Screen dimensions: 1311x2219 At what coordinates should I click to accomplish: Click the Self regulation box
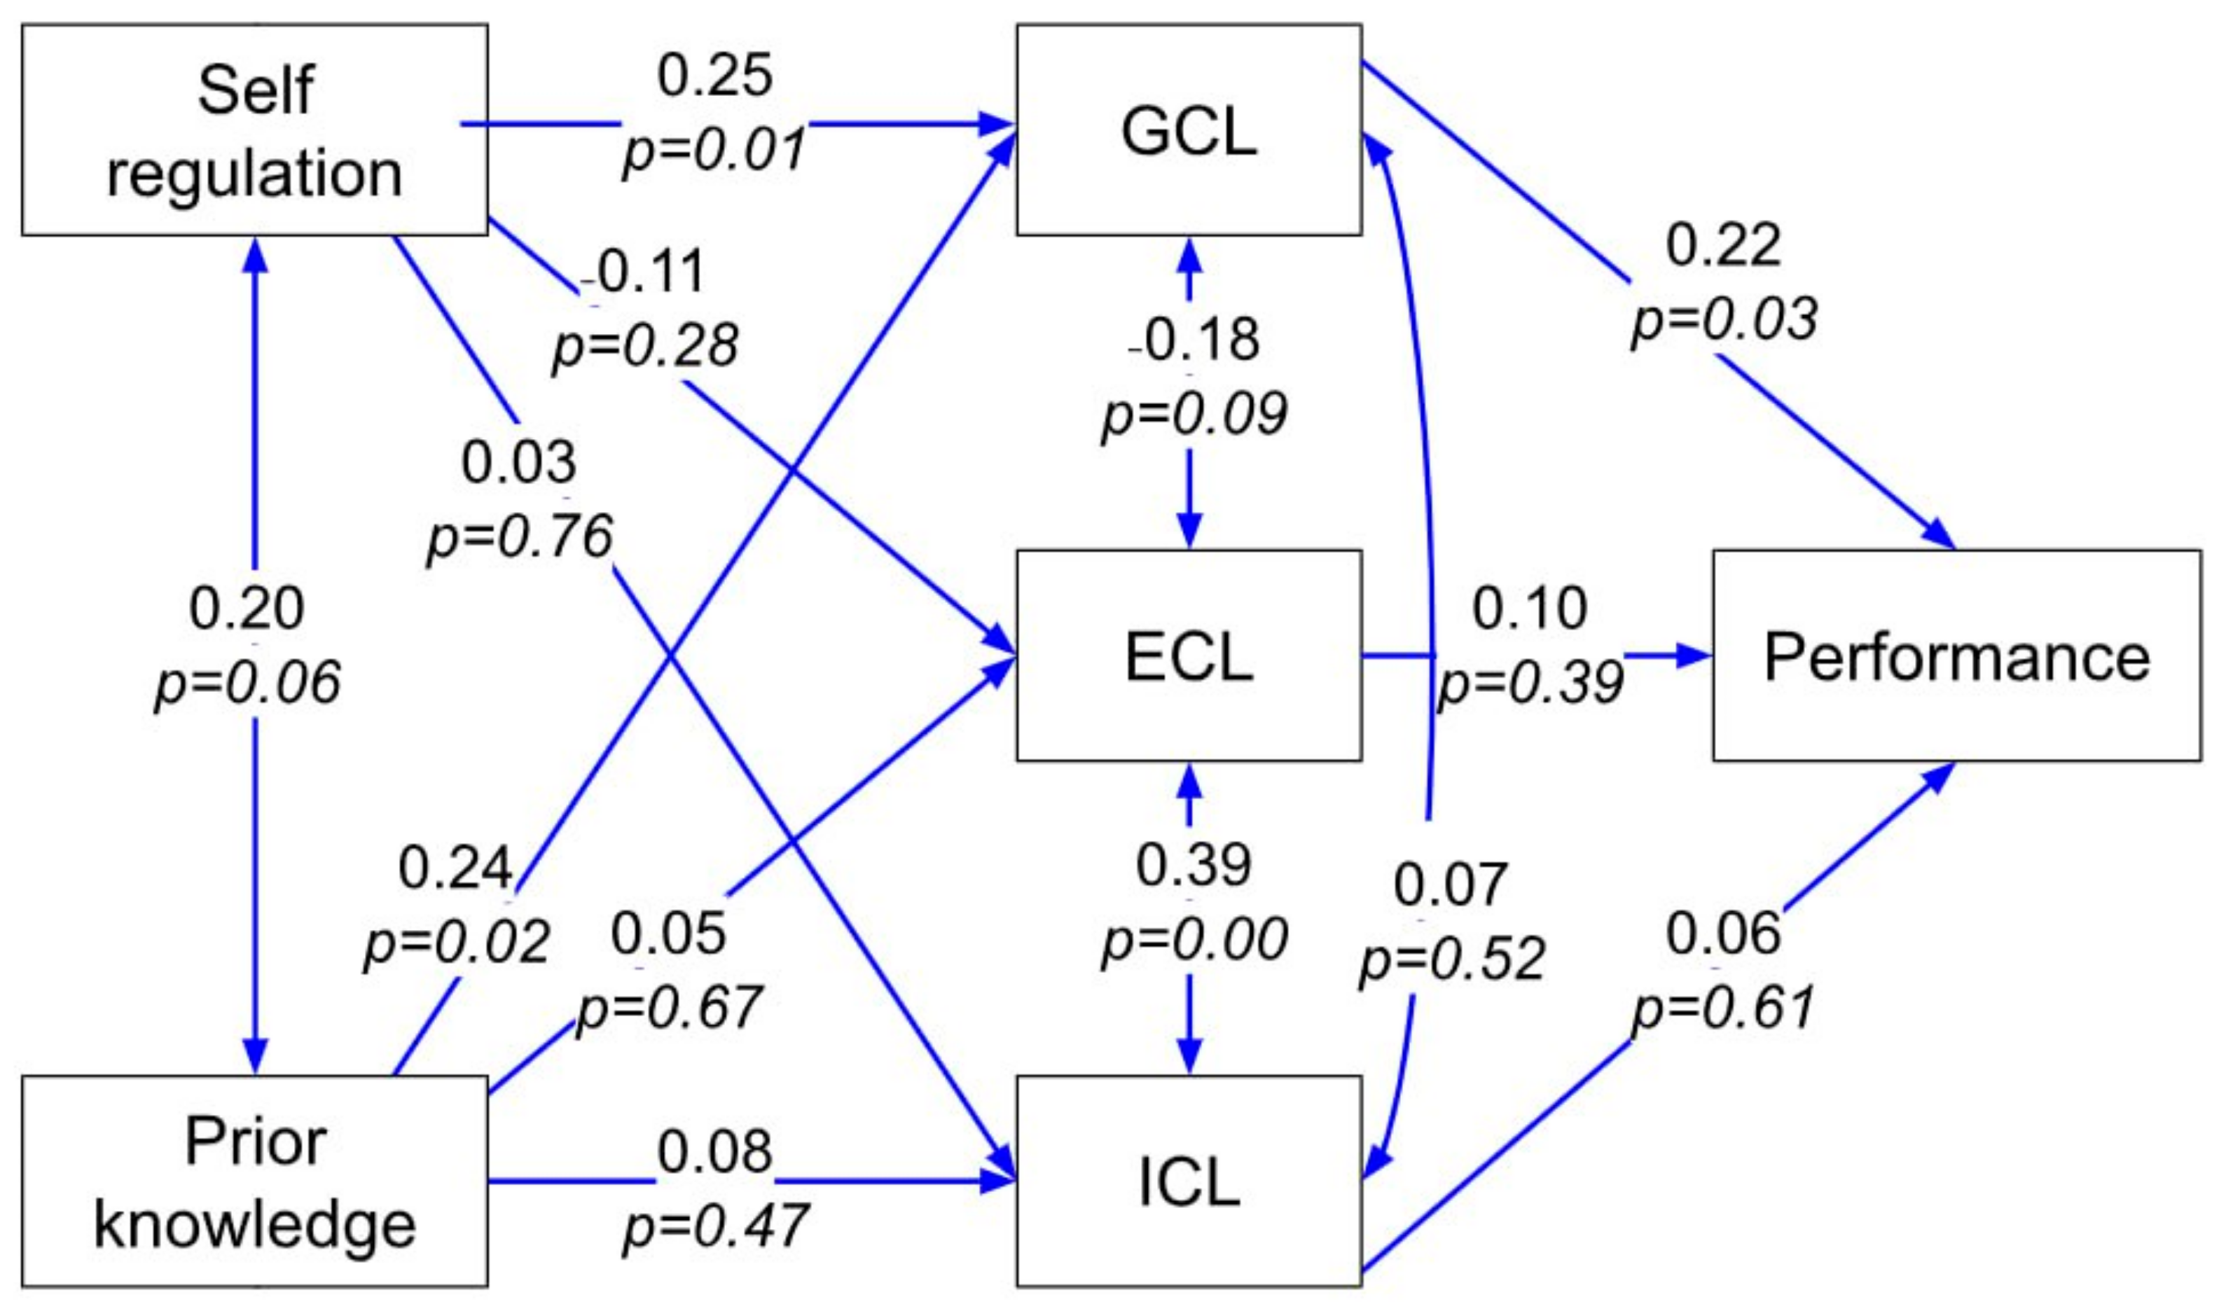click(254, 130)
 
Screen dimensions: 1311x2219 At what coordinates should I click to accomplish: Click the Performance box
click(1956, 655)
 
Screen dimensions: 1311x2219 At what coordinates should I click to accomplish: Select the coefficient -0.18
click(1194, 338)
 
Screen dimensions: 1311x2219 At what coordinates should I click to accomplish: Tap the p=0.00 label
click(1194, 939)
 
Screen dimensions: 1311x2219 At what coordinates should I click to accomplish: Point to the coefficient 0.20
click(247, 608)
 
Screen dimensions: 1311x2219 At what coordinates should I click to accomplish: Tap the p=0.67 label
click(669, 1007)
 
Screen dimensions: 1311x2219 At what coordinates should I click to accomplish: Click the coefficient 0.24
click(455, 868)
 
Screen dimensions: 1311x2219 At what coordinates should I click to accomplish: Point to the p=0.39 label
click(1531, 682)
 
